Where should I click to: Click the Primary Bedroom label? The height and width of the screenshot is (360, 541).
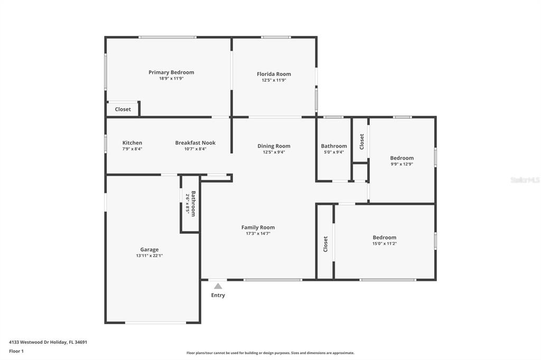(171, 72)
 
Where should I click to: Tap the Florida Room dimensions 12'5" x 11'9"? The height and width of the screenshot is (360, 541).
(274, 80)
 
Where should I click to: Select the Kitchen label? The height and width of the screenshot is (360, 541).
(132, 143)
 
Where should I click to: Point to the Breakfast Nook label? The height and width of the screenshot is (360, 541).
(195, 143)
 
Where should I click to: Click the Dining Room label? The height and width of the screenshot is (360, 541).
(274, 146)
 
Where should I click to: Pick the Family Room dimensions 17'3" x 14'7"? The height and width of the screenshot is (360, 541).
(258, 233)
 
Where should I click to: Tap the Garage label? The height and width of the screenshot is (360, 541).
(150, 249)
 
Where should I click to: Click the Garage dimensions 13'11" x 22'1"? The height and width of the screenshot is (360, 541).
(150, 255)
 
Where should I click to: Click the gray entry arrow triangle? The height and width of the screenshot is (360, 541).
(218, 286)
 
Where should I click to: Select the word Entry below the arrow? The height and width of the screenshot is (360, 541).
(218, 295)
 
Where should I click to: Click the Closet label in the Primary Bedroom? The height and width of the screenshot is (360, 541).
(123, 109)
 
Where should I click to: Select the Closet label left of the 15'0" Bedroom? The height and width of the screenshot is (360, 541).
(325, 244)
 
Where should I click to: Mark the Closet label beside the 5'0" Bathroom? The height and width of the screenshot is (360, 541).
(361, 141)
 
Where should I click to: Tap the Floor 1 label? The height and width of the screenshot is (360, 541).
(16, 351)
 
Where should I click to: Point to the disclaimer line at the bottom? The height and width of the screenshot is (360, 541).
(270, 353)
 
